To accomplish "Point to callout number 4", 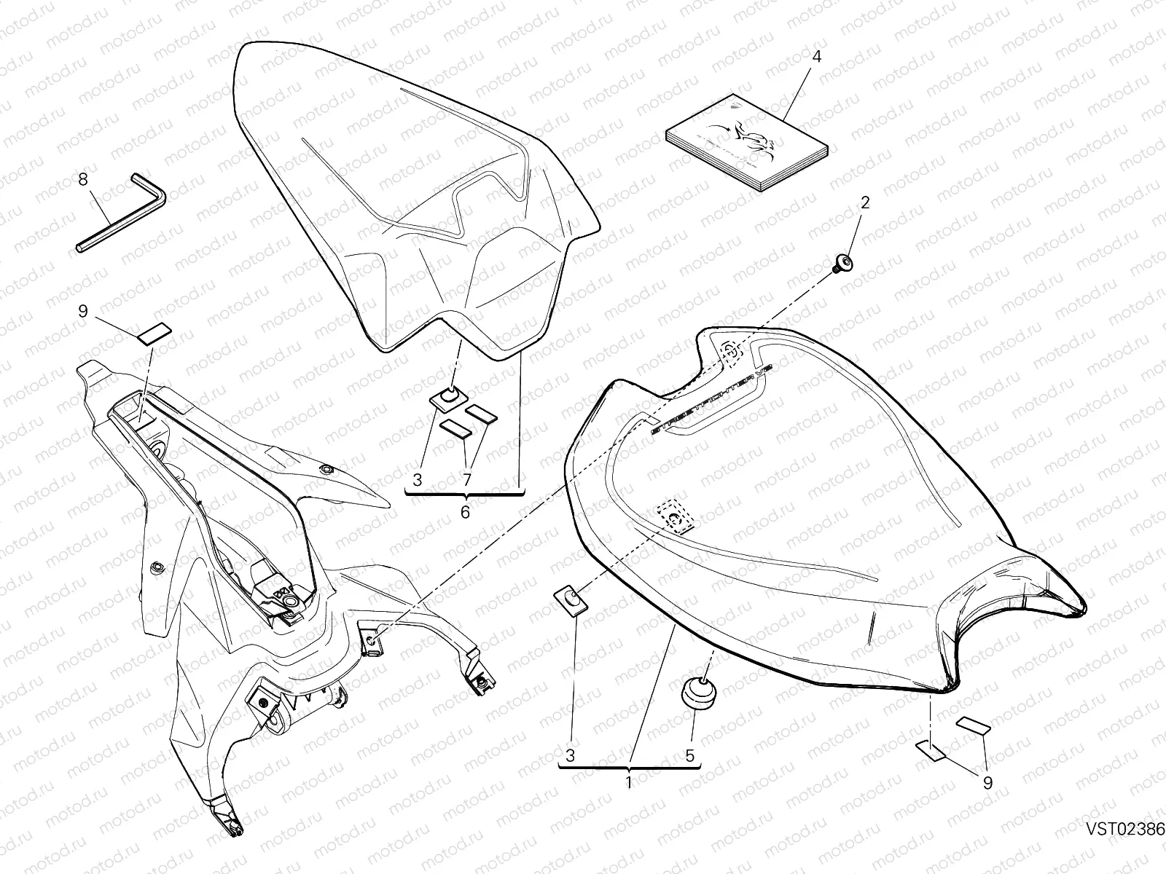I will click(x=816, y=56).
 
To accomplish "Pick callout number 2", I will click(x=864, y=202).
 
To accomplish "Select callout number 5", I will click(x=689, y=756).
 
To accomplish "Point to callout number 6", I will click(x=465, y=512).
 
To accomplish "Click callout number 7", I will click(x=466, y=480).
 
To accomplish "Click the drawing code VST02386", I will click(x=1124, y=849).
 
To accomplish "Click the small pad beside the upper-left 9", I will click(x=154, y=332).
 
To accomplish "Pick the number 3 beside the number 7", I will click(x=417, y=480).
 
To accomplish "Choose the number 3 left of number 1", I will click(x=570, y=756).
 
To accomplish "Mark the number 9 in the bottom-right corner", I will click(x=987, y=784).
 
